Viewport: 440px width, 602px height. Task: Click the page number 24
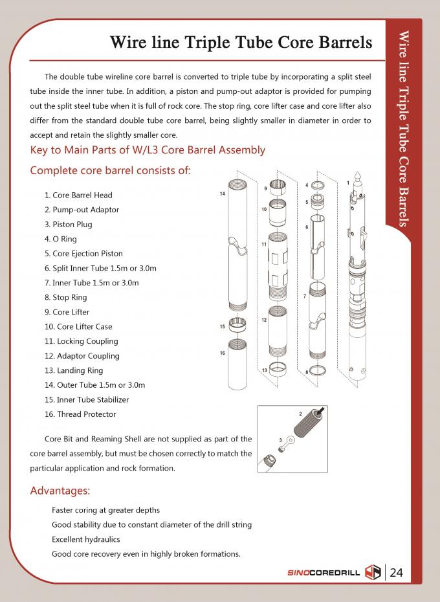pos(397,572)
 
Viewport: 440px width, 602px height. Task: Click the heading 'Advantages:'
pos(60,490)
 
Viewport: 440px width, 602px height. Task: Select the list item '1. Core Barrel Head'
pos(78,195)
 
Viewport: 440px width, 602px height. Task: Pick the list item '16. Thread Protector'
pos(80,414)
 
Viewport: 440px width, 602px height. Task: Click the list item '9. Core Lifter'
pos(67,312)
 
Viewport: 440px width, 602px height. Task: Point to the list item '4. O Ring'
pos(60,239)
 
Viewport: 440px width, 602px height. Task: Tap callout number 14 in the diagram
pos(222,194)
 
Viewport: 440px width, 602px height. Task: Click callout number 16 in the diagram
pos(222,353)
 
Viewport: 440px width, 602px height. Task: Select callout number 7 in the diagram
pos(304,296)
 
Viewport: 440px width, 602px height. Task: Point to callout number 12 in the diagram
pos(264,320)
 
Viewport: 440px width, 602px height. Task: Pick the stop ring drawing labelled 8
pos(318,372)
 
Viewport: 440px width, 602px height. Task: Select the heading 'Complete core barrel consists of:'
pos(111,171)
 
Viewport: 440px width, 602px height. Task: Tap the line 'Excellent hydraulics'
pos(86,539)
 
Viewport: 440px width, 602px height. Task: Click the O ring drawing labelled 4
pos(317,186)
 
